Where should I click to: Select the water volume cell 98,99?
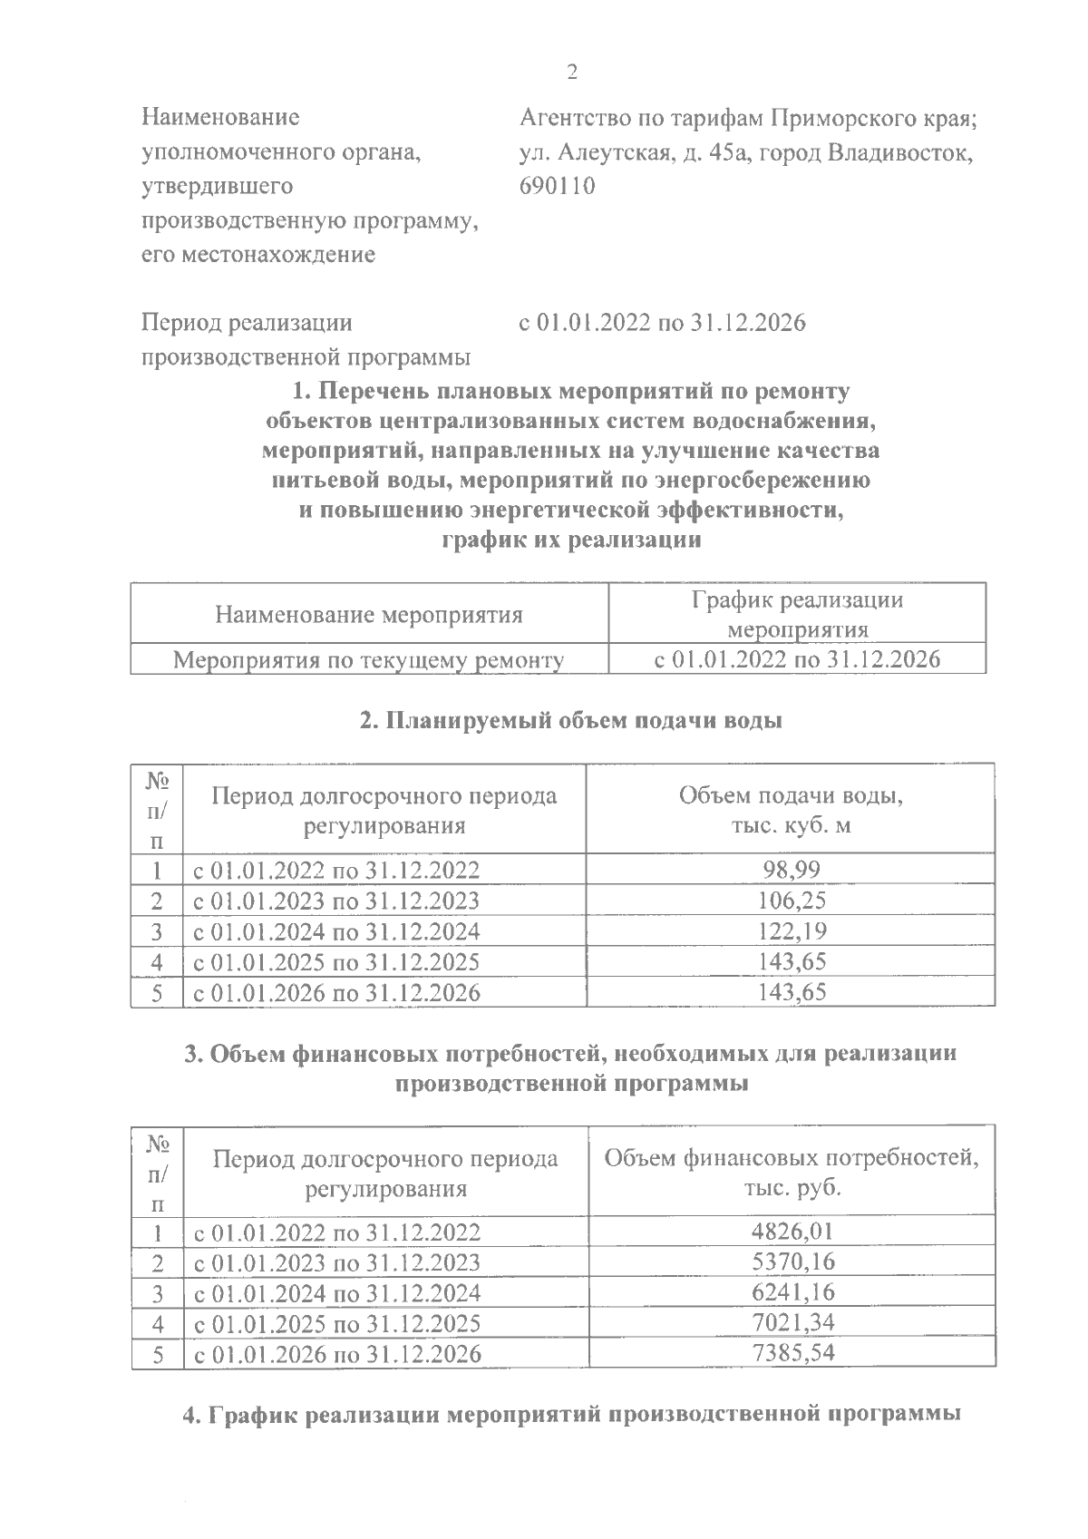point(791,871)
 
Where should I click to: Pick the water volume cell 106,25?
point(791,901)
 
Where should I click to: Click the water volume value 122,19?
point(791,931)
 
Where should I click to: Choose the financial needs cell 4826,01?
point(792,1232)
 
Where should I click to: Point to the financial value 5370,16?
point(792,1261)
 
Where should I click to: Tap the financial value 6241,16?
point(792,1292)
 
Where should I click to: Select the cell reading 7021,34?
point(792,1322)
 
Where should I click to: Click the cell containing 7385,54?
point(792,1353)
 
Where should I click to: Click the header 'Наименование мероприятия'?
point(369,616)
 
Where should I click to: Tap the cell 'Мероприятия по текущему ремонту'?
point(369,659)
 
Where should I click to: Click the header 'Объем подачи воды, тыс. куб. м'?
point(791,811)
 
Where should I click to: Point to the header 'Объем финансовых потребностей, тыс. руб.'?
point(792,1173)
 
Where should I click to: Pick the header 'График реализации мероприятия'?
point(798,614)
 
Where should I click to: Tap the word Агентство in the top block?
point(578,119)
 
